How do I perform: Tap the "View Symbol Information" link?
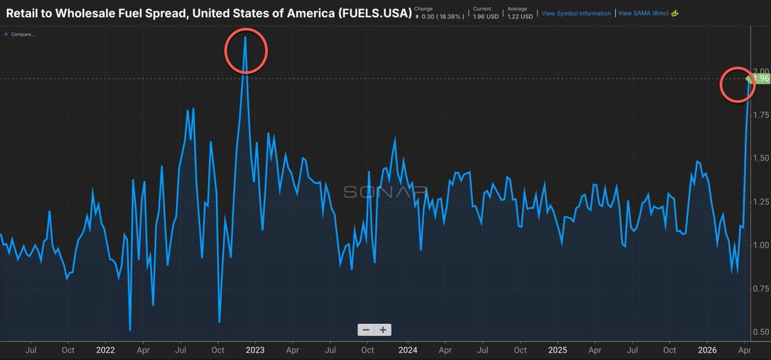point(576,13)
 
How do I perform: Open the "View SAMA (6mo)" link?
point(643,13)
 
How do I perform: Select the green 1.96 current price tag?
point(761,78)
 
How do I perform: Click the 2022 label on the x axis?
point(105,350)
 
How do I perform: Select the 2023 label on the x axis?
point(255,350)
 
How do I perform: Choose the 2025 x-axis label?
point(557,350)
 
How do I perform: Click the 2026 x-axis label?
point(707,350)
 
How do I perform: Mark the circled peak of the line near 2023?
point(245,38)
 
